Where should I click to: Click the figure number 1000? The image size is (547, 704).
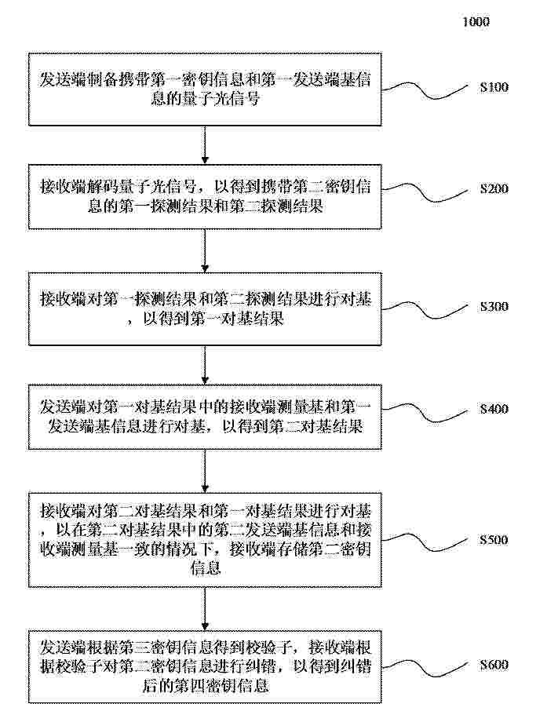pos(476,21)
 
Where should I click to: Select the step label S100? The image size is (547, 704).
pos(494,86)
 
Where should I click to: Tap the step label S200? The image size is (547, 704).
pos(494,188)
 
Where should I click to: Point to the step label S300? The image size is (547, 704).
pos(494,306)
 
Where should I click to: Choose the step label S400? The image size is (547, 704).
pos(494,409)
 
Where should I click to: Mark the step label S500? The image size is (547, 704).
pos(494,539)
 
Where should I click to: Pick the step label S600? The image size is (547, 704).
pos(494,665)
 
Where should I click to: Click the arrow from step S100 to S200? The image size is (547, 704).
pos(205,144)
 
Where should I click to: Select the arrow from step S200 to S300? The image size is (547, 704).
pos(205,251)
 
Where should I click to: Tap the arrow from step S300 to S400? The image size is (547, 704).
pos(205,365)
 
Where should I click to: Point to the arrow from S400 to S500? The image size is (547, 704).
pos(205,471)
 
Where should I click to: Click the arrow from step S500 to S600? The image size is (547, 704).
pos(205,609)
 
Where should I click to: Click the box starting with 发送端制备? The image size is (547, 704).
pos(205,89)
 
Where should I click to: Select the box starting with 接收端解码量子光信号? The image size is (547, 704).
pos(205,197)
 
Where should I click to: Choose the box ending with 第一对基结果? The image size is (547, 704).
pos(205,309)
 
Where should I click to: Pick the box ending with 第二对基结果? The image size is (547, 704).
pos(205,417)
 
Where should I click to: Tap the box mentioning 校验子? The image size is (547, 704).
pos(205,667)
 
